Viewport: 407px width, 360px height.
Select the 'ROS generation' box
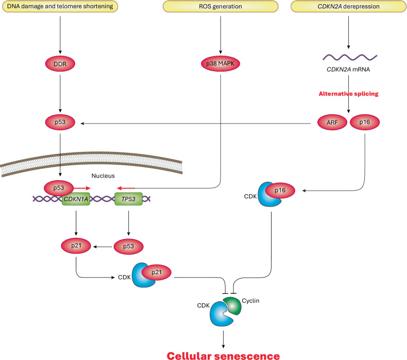(221, 7)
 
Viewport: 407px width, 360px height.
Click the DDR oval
(61, 65)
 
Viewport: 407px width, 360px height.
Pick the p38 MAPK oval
(221, 65)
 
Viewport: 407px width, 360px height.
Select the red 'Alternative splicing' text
(348, 94)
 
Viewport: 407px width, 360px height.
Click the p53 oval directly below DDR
(61, 123)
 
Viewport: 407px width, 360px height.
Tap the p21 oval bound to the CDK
(156, 272)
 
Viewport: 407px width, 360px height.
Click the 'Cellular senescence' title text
(223, 354)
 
